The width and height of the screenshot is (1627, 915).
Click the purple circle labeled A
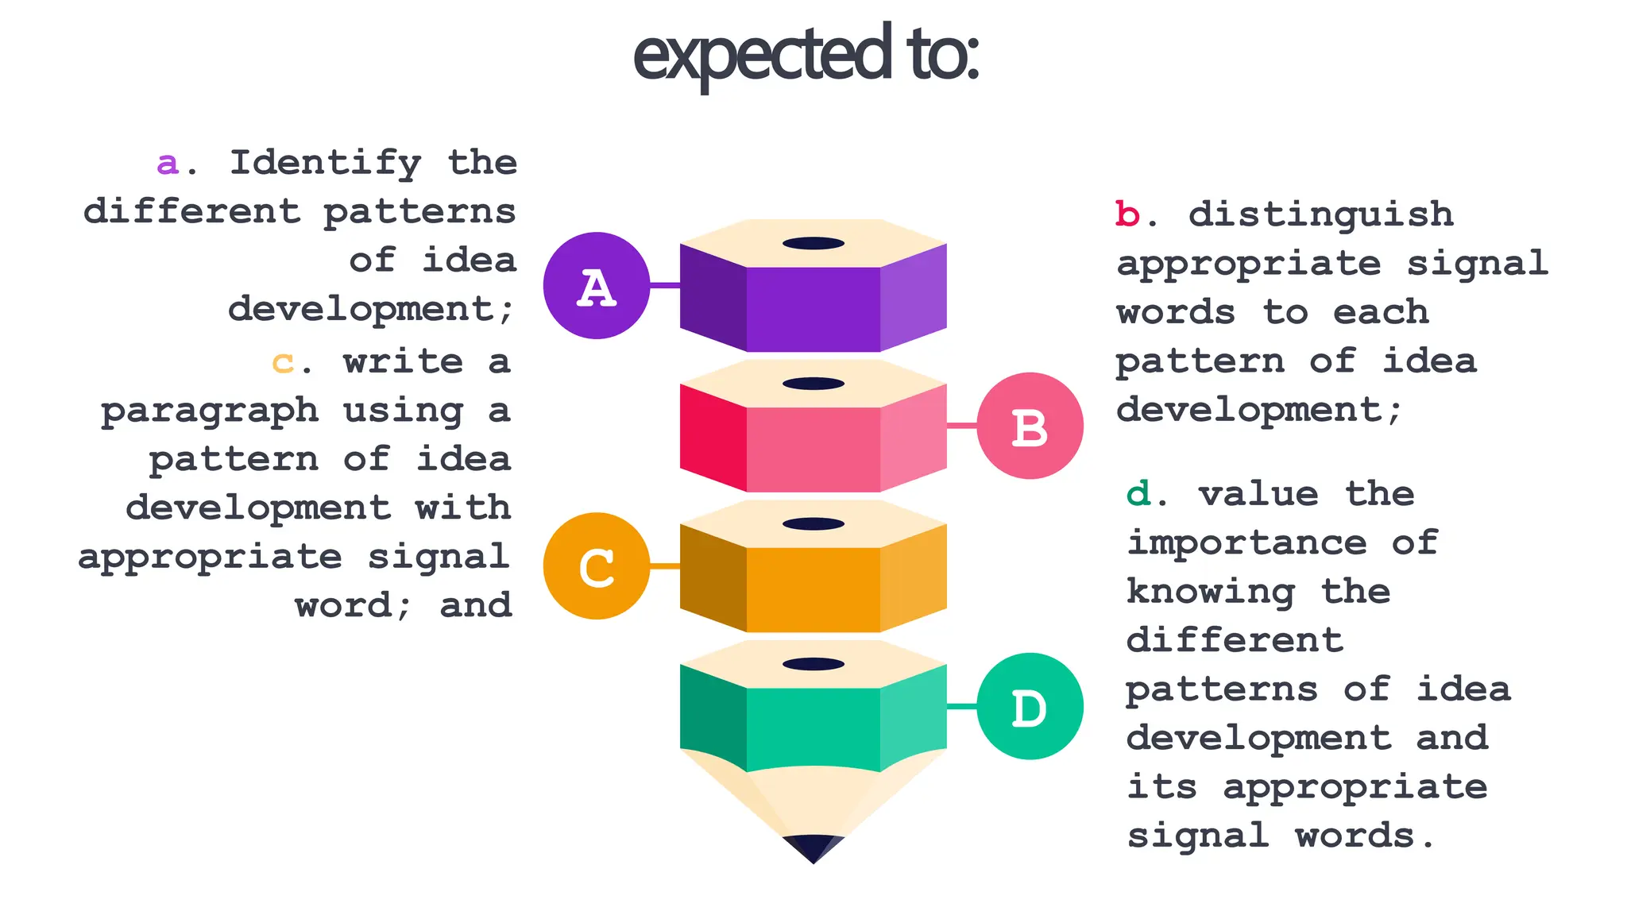[596, 286]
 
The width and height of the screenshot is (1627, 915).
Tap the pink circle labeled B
[1030, 427]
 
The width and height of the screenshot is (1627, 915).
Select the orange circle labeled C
[596, 566]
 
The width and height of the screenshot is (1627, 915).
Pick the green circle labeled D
[1030, 707]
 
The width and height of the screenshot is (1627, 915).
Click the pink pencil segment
[813, 449]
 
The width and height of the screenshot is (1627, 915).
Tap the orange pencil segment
[813, 589]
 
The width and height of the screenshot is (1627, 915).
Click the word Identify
[326, 164]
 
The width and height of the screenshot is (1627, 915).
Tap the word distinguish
[1320, 215]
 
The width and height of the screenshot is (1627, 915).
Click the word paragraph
[210, 411]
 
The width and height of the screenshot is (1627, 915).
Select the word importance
[1246, 544]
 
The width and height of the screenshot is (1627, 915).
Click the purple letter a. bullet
[168, 164]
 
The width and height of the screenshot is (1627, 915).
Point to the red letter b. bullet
[1128, 214]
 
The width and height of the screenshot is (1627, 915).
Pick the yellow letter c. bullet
[283, 363]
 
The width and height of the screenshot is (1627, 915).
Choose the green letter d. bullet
[1139, 495]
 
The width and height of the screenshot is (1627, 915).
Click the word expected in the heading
[761, 54]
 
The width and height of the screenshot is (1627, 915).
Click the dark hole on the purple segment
[813, 243]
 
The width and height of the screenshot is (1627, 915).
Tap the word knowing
[1210, 593]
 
